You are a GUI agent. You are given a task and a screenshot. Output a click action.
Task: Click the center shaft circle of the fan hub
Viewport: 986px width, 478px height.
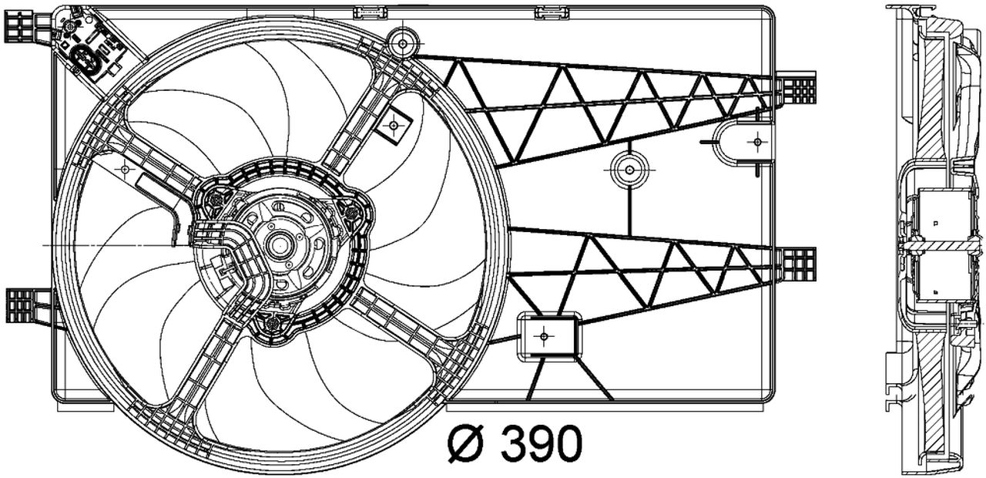pos(277,245)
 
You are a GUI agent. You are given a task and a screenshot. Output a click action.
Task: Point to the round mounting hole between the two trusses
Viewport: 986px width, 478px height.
pos(629,170)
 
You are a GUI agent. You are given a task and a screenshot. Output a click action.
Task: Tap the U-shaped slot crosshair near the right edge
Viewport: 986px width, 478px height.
pos(757,142)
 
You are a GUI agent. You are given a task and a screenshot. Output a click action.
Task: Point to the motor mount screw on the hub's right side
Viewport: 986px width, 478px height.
pos(351,209)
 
